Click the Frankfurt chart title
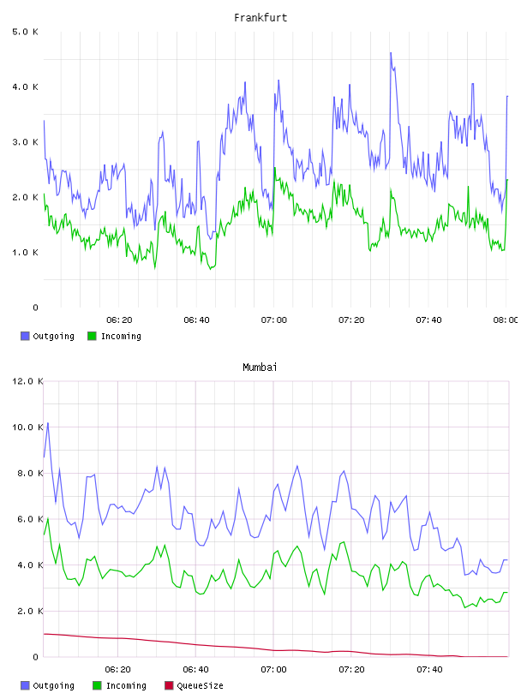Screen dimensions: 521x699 click(x=260, y=18)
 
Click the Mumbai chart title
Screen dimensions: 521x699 click(x=260, y=367)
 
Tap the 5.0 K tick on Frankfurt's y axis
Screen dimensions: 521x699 click(x=26, y=32)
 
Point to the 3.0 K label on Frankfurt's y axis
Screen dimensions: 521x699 click(x=26, y=142)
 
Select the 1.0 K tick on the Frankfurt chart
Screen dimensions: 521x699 click(x=26, y=253)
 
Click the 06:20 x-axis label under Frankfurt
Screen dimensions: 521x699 click(x=119, y=320)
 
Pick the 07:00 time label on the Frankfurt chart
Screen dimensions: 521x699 click(x=274, y=320)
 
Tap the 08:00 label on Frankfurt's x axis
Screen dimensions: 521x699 click(x=506, y=320)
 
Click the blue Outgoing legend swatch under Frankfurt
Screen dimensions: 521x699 click(x=25, y=336)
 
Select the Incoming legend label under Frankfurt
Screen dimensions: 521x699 click(x=121, y=337)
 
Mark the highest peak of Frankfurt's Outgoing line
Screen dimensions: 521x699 click(x=391, y=52)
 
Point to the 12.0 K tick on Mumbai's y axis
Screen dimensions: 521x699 click(x=27, y=381)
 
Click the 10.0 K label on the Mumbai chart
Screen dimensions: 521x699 click(x=27, y=427)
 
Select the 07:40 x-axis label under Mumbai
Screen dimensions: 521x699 click(x=429, y=670)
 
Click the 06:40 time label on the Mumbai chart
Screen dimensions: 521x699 click(x=196, y=670)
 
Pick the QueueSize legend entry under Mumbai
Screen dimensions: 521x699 click(x=194, y=685)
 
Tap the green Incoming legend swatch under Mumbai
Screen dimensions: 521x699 click(x=97, y=685)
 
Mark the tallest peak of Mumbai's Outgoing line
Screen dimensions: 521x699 click(x=48, y=423)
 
